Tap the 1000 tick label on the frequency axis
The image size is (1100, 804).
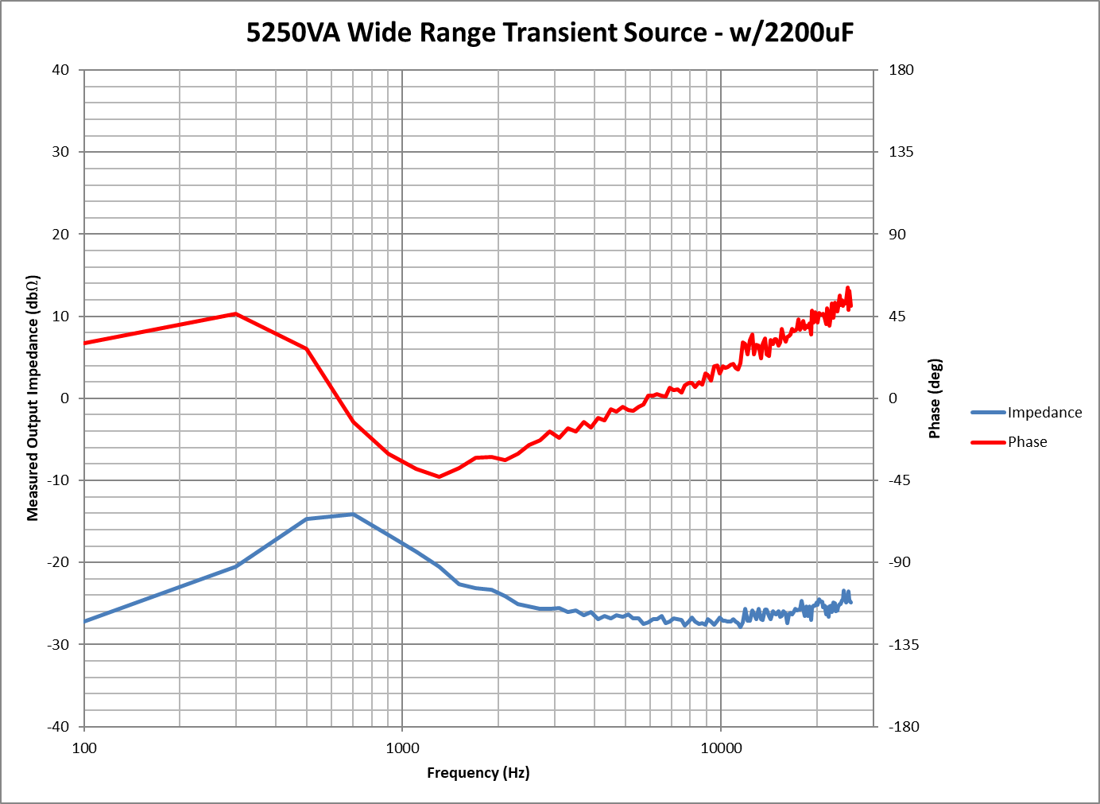402,748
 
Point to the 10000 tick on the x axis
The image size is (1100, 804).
721,748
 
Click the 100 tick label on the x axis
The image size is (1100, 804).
84,748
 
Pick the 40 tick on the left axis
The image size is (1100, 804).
60,70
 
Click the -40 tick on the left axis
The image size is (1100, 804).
58,727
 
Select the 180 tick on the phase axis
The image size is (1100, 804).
901,70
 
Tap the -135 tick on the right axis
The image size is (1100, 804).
904,645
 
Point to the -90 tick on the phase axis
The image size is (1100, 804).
900,562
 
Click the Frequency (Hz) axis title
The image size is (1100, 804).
478,773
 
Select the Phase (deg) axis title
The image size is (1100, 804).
935,398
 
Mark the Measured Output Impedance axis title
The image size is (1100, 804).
33,398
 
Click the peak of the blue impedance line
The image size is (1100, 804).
353,515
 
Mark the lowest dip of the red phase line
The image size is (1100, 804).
439,476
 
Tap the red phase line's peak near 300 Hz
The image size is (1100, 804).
235,314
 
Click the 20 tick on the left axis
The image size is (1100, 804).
60,234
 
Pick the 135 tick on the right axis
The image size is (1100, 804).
901,152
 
